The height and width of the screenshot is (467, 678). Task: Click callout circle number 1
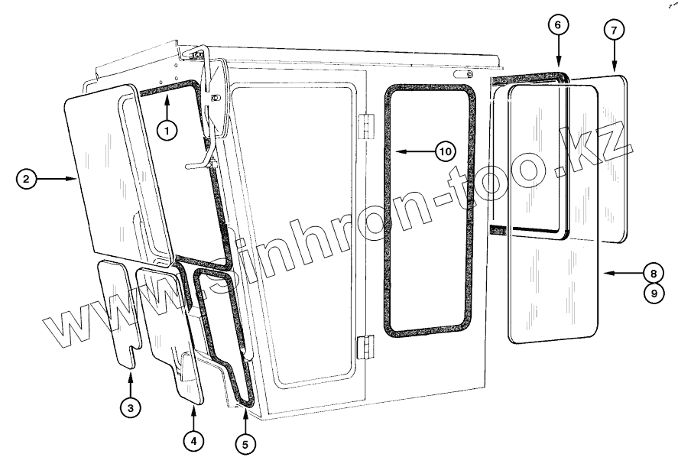click(168, 131)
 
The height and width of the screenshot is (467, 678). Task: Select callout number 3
click(131, 408)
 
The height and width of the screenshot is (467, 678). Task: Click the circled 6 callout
click(558, 25)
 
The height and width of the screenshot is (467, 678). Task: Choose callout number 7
click(613, 31)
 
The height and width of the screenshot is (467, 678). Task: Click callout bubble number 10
click(445, 151)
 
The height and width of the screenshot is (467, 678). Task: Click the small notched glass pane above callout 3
click(118, 310)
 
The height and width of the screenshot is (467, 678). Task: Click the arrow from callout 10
click(413, 151)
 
